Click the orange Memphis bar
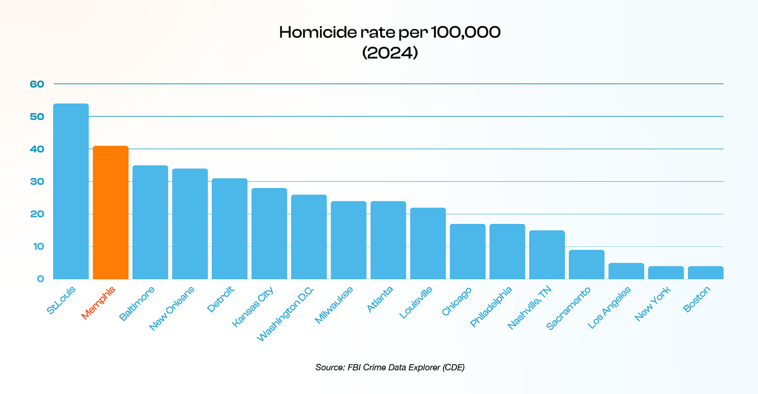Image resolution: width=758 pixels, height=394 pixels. coord(111,212)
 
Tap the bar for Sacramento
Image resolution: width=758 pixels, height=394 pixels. coord(587,264)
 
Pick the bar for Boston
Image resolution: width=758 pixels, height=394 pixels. coord(705,273)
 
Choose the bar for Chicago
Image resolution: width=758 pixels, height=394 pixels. coord(467,251)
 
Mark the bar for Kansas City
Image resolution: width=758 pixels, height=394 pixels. coord(269,233)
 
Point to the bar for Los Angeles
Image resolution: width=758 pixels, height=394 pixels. coord(626,271)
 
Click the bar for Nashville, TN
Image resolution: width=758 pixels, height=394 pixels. coord(547,255)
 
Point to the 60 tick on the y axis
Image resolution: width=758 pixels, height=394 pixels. coord(37,84)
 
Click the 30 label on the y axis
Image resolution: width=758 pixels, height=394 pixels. coord(37,181)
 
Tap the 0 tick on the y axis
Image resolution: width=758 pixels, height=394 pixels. coord(41,279)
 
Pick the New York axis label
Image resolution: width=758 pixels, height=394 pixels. coord(652,304)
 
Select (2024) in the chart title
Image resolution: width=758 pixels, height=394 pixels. coord(390,53)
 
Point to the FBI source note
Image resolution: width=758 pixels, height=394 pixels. coord(389,368)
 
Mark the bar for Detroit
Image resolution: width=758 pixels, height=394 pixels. coord(229,228)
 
